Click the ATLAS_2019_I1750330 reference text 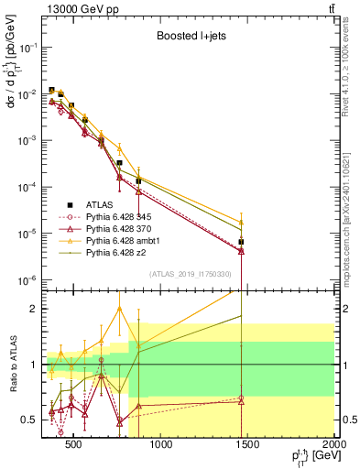tap(191, 274)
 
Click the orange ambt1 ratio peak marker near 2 tap(120, 308)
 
